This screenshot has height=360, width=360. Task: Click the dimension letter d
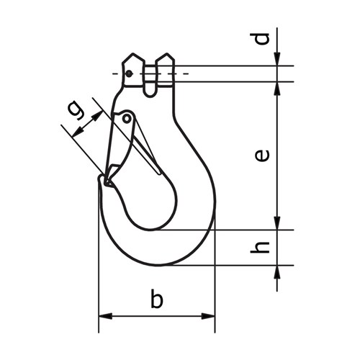(x=264, y=37)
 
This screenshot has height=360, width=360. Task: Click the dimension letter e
(x=264, y=154)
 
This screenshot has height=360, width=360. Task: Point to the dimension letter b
(x=156, y=299)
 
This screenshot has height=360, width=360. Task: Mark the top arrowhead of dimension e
(x=277, y=86)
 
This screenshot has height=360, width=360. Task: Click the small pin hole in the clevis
(x=128, y=73)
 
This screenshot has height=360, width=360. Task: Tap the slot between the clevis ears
(x=150, y=79)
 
